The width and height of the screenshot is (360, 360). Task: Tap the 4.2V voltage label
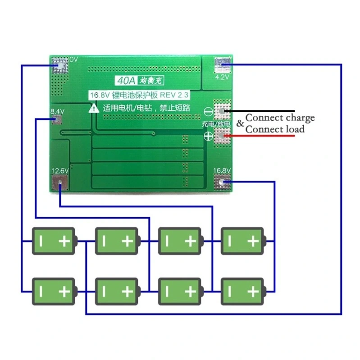[x=223, y=77]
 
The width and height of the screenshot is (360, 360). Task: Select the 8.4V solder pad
[x=57, y=120]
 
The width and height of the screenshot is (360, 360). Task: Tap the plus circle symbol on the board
[x=209, y=137]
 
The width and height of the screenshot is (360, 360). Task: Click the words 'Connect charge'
[x=280, y=118]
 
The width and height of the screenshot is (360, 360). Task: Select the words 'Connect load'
[x=275, y=129]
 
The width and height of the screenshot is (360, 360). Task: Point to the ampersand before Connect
[x=240, y=123]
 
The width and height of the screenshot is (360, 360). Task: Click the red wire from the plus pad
[x=261, y=135]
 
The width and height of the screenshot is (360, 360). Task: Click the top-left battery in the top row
[x=53, y=241]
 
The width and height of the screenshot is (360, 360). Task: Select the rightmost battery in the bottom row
[x=242, y=291]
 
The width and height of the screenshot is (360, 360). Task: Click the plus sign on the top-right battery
[x=254, y=241]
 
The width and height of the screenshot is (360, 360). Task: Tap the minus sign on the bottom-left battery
[x=41, y=291]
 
